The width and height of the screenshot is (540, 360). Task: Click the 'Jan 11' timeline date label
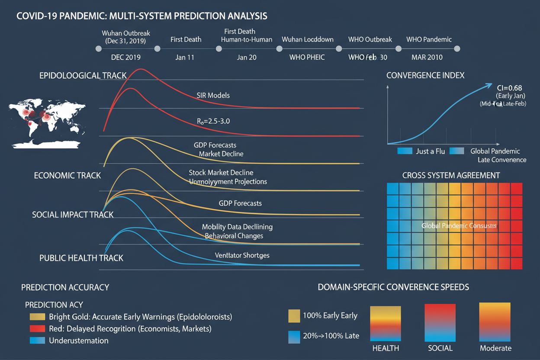click(x=185, y=57)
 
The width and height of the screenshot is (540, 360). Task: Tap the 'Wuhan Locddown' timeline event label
click(x=307, y=39)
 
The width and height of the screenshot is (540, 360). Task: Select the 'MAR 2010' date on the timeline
click(x=424, y=57)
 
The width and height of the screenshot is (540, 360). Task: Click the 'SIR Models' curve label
click(x=213, y=95)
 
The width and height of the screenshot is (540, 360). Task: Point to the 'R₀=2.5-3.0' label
click(x=213, y=121)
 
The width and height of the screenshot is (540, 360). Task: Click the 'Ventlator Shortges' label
click(x=242, y=255)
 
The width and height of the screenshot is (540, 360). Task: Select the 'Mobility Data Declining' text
click(x=237, y=227)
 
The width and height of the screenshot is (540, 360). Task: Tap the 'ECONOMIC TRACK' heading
click(x=67, y=176)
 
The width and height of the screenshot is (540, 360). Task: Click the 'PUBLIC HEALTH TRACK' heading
click(x=81, y=258)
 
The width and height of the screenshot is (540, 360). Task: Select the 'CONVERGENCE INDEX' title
click(x=425, y=75)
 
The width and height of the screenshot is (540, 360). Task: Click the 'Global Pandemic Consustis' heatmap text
click(x=459, y=226)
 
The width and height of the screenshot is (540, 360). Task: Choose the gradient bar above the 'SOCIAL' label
click(x=440, y=323)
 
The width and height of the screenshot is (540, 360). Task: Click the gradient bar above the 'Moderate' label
click(x=495, y=322)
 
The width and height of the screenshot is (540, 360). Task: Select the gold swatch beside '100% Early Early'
click(x=294, y=316)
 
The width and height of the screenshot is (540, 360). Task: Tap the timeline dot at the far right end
click(x=457, y=49)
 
